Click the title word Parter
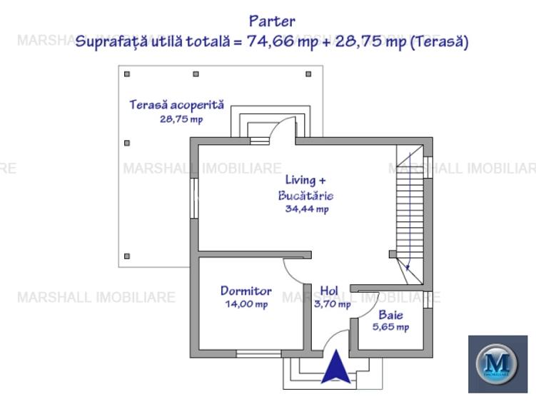tap(272, 21)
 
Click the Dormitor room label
tap(246, 291)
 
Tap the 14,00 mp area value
tap(246, 303)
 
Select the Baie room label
tap(390, 314)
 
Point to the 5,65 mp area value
tap(390, 327)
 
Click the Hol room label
tap(329, 291)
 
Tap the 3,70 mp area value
tap(333, 303)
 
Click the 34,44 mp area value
tap(306, 208)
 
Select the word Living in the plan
tap(300, 180)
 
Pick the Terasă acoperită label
tap(176, 105)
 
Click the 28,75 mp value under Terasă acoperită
tap(181, 119)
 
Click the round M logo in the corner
tap(497, 363)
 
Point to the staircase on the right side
tap(410, 207)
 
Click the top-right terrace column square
tap(308, 74)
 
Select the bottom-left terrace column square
tap(127, 256)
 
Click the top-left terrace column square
tap(127, 74)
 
